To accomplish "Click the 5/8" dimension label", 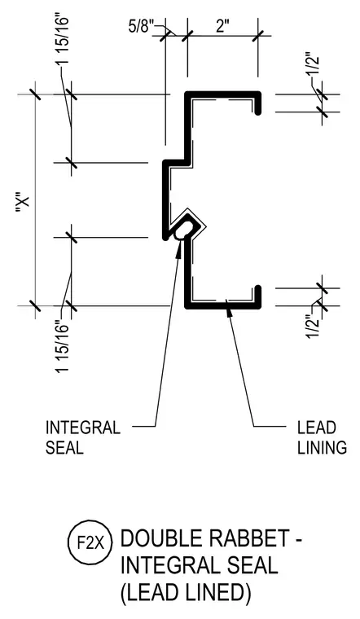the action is pos(141,28).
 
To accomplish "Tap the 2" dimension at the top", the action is pos(222,27).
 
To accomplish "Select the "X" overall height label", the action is pos(23,205).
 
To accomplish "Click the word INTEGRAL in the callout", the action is pos(83,428).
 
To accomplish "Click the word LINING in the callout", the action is pos(322,448).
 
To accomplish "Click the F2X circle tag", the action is pos(90,543).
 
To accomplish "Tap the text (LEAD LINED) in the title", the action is pos(186,592).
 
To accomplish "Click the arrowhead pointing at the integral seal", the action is pos(180,248).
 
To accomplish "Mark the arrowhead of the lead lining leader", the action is pos(228,306).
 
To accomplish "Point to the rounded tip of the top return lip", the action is pos(257,112).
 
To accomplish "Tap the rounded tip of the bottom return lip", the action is pos(257,288).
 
